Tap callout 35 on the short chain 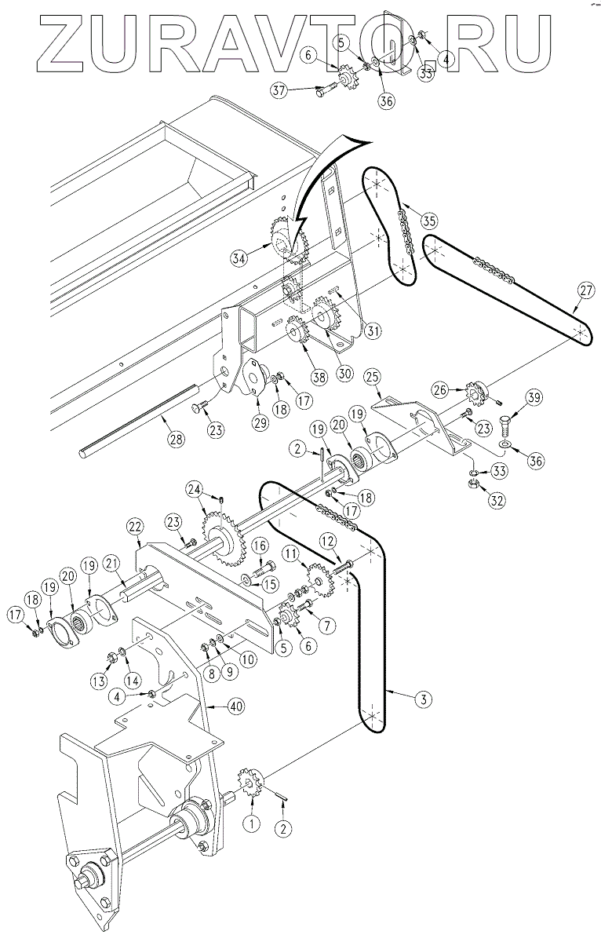(428, 219)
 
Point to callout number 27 (587, 290)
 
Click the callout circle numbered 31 (372, 331)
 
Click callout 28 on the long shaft (176, 438)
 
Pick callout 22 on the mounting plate (136, 526)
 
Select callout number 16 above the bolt (260, 546)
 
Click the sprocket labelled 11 (317, 581)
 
